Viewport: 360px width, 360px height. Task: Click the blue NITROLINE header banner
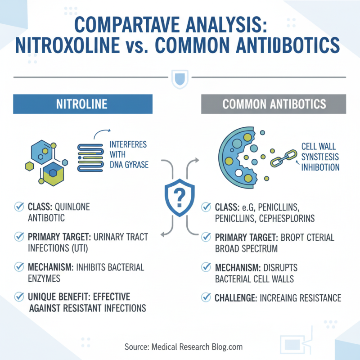coord(83,104)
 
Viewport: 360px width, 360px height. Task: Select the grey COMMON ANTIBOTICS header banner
coord(273,104)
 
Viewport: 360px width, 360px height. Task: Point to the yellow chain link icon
coord(282,158)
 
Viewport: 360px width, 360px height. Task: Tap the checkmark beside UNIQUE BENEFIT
coord(19,297)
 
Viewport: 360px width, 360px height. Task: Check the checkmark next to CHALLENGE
coord(206,297)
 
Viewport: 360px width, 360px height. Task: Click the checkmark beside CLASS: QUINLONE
coord(19,207)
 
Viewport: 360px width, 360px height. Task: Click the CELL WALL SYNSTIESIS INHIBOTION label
coord(320,157)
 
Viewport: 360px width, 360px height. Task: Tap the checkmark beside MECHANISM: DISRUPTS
coord(206,268)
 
